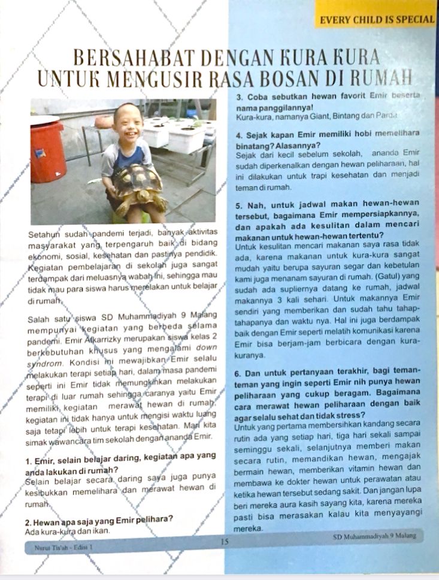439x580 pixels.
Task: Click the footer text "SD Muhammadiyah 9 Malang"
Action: [x=374, y=536]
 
